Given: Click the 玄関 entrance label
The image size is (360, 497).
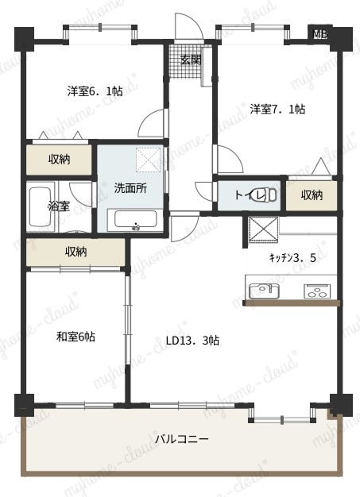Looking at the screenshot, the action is [x=191, y=60].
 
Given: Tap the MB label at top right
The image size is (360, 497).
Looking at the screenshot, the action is [x=320, y=33].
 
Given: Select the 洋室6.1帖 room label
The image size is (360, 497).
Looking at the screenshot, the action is [x=95, y=91].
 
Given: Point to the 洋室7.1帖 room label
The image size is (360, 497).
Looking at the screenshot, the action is [x=277, y=109].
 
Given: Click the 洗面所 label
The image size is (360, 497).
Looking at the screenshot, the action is [x=130, y=188].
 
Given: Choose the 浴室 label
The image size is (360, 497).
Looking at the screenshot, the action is [x=59, y=206].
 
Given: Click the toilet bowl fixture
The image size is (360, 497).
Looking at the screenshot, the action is [x=267, y=195].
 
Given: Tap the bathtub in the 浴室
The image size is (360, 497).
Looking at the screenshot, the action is [x=40, y=206].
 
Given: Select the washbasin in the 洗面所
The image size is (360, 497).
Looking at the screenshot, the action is [x=135, y=219].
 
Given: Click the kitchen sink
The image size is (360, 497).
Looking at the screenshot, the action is [x=264, y=291].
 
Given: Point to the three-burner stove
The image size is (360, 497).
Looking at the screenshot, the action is [x=317, y=291].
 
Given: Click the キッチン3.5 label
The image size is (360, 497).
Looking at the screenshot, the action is [x=292, y=258].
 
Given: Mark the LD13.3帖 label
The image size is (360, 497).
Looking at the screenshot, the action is [x=192, y=341].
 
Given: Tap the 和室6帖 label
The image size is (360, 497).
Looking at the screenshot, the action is [x=75, y=337].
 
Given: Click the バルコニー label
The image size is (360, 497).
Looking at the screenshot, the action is [x=182, y=439].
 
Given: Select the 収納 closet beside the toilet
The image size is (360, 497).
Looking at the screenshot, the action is [x=312, y=195].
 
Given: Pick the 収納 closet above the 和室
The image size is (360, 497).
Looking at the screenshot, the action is [x=75, y=252].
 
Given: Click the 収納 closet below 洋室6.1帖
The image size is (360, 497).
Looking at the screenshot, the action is [x=59, y=160].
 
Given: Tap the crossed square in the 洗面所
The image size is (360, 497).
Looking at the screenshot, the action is [x=149, y=160].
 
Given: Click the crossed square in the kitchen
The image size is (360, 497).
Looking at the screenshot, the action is [x=263, y=230].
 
